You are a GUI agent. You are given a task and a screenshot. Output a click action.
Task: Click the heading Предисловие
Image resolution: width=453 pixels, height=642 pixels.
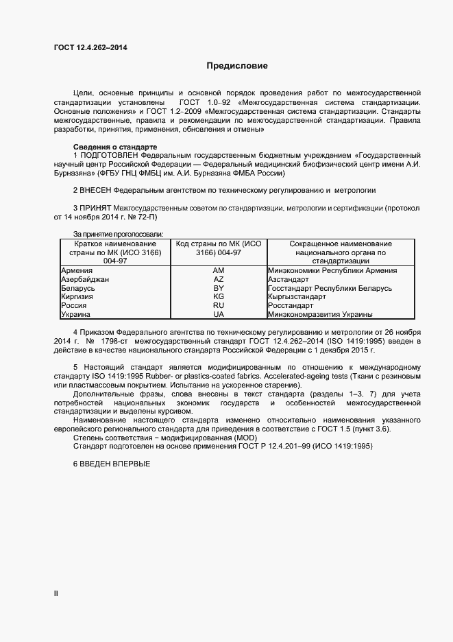tap(237, 67)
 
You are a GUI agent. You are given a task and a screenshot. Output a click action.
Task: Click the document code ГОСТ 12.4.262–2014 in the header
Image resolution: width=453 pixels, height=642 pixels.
tap(90, 47)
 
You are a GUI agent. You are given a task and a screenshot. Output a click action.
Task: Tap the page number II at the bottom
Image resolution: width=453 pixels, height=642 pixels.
tap(56, 594)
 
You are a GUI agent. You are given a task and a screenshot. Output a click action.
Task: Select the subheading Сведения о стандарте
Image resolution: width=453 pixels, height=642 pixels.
tap(115, 147)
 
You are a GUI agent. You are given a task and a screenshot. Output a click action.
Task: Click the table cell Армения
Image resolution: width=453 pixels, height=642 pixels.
tap(77, 271)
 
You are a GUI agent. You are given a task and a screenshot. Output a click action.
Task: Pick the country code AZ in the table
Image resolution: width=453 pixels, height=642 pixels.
tap(219, 280)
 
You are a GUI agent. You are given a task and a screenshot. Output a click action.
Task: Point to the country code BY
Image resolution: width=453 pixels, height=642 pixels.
tap(219, 289)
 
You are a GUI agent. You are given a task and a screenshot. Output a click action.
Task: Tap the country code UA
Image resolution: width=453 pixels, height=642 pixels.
tap(219, 315)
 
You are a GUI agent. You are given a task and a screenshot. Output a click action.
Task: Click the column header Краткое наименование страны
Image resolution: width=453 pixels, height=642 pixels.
tap(115, 252)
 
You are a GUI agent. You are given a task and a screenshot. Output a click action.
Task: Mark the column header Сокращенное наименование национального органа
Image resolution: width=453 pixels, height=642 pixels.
tap(341, 252)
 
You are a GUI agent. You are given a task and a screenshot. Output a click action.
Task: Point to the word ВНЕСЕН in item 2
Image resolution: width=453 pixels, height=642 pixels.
tap(96, 189)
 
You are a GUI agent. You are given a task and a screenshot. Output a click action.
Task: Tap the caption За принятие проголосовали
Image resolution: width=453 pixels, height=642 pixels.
tap(118, 235)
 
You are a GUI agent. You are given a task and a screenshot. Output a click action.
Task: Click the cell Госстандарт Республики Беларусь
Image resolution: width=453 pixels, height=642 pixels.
tap(330, 289)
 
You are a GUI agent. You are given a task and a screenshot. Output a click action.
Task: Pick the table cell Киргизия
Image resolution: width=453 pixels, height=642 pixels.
tap(77, 298)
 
